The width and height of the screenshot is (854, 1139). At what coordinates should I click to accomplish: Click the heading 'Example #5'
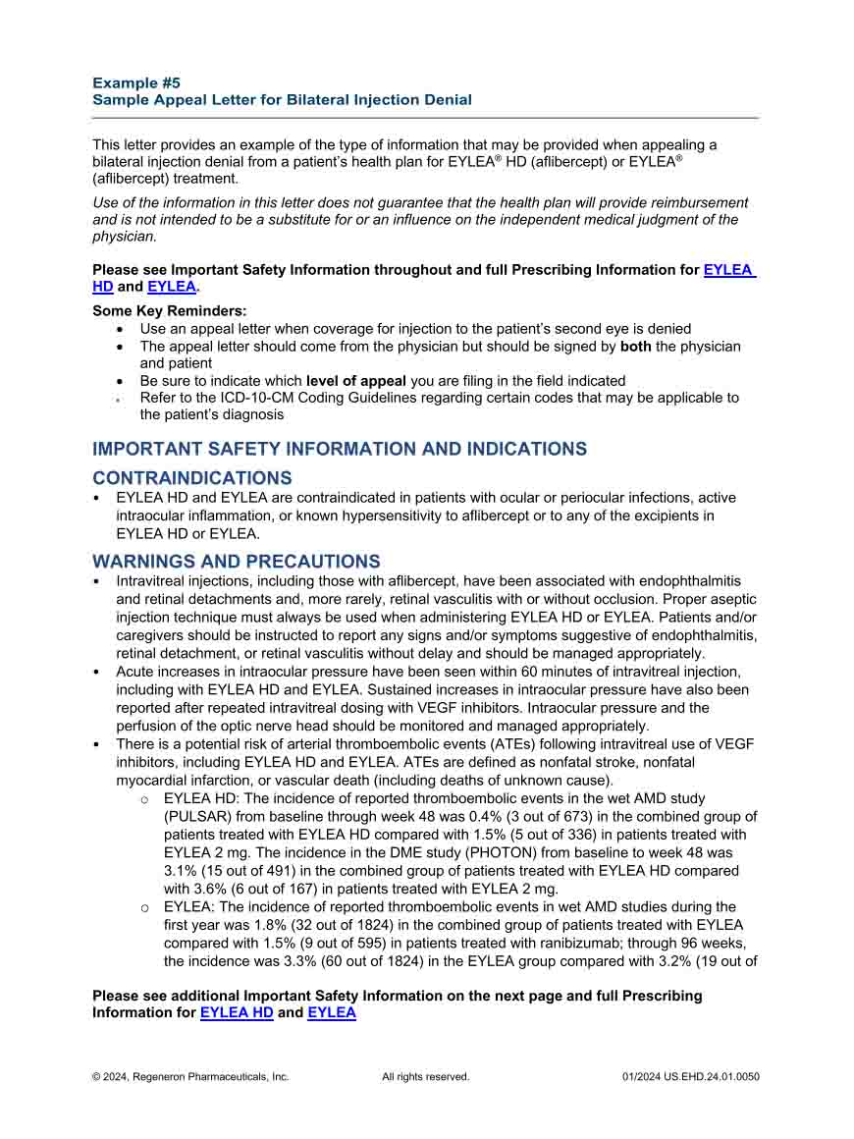pyautogui.click(x=136, y=82)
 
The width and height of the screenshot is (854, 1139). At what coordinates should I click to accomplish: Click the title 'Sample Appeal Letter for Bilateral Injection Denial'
pyautogui.click(x=282, y=99)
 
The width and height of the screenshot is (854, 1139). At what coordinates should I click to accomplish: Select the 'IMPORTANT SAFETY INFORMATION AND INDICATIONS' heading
pyautogui.click(x=340, y=449)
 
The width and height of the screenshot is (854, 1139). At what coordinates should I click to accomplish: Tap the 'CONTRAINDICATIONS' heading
pyautogui.click(x=192, y=478)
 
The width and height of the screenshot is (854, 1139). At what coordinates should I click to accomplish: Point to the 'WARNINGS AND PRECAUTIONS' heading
pyautogui.click(x=236, y=562)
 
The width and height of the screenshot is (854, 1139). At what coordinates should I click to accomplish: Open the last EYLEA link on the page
pyautogui.click(x=332, y=1012)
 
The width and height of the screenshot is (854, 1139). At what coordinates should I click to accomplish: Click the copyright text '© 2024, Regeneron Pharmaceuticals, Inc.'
pyautogui.click(x=190, y=1076)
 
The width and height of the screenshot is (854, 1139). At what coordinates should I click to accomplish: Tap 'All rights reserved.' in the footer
pyautogui.click(x=425, y=1076)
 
